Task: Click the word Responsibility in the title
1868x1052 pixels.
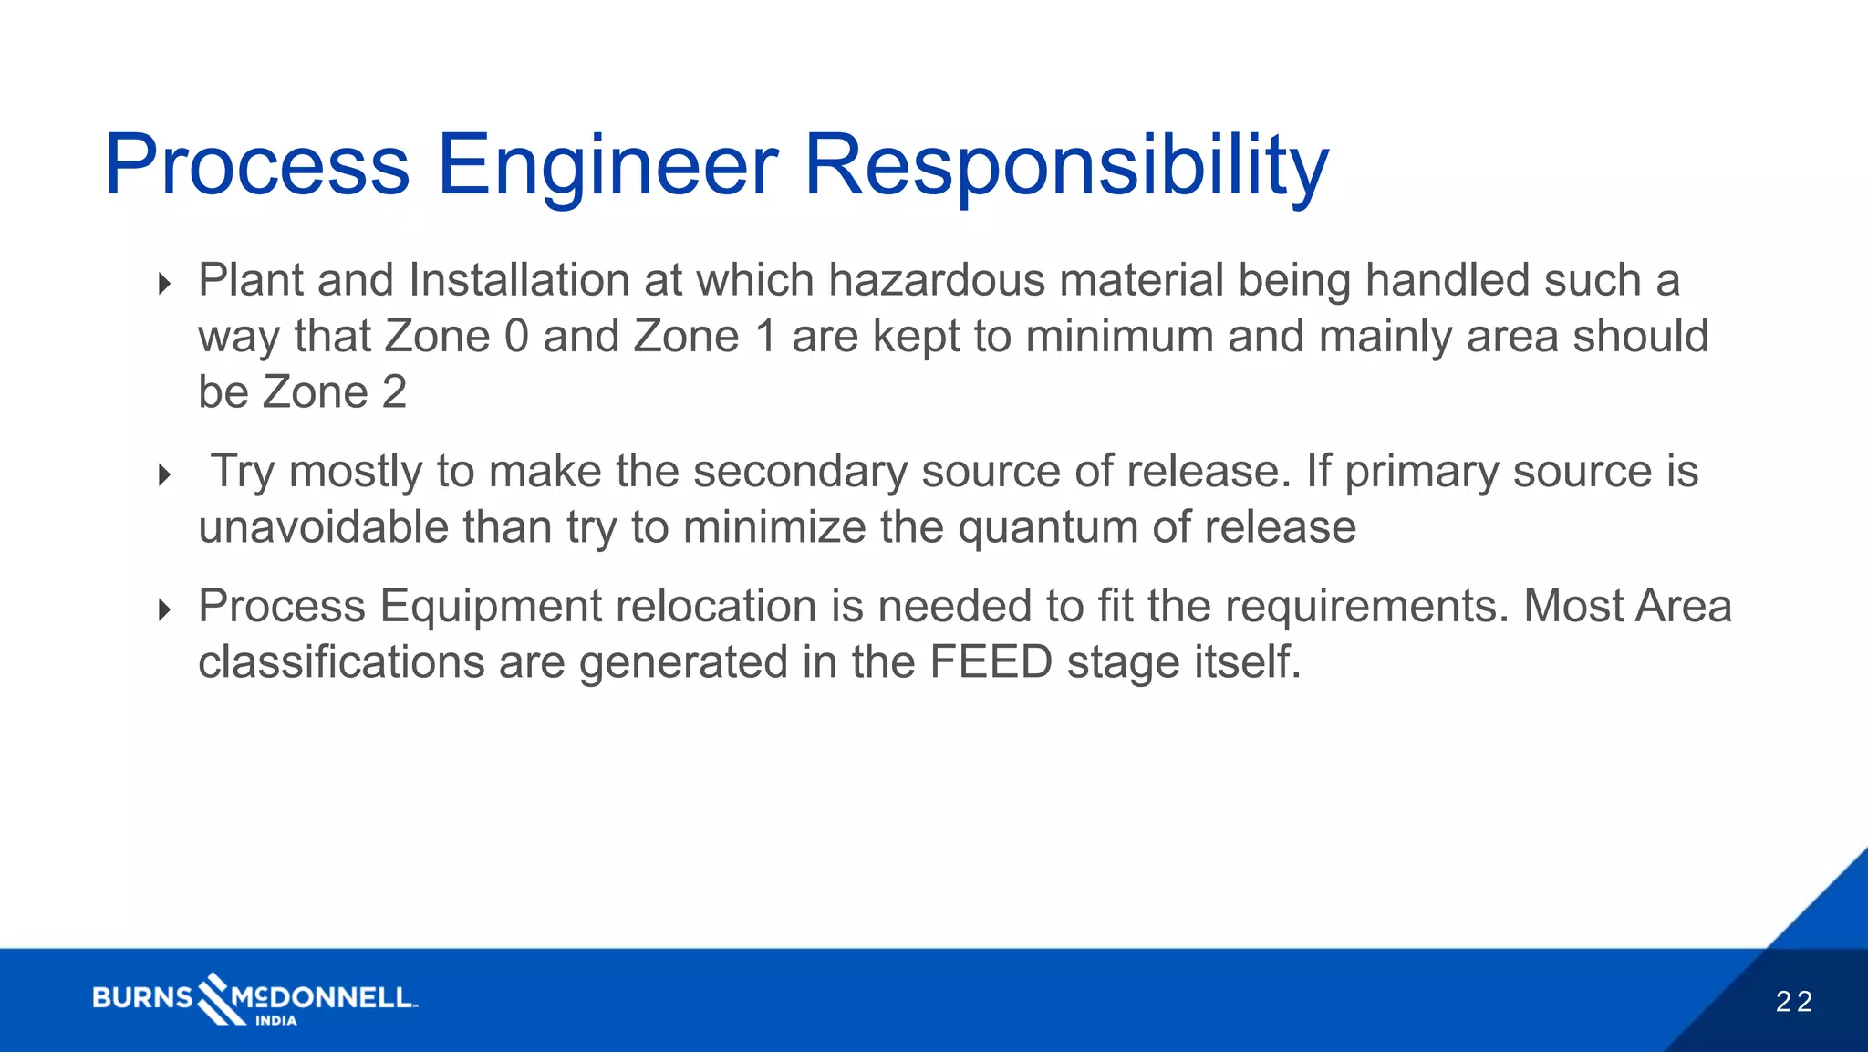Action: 1065,165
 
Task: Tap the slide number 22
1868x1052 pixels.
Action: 1793,1002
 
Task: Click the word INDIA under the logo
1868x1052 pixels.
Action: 275,1021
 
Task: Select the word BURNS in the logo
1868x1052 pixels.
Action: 142,997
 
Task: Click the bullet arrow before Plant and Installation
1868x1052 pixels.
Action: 164,284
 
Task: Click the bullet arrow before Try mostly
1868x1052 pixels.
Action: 164,474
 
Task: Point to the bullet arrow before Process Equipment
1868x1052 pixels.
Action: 164,609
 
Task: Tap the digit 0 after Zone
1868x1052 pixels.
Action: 516,336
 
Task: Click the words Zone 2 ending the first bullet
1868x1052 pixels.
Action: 334,392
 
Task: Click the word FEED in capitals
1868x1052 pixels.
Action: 991,661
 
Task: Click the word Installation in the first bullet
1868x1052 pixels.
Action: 519,280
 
